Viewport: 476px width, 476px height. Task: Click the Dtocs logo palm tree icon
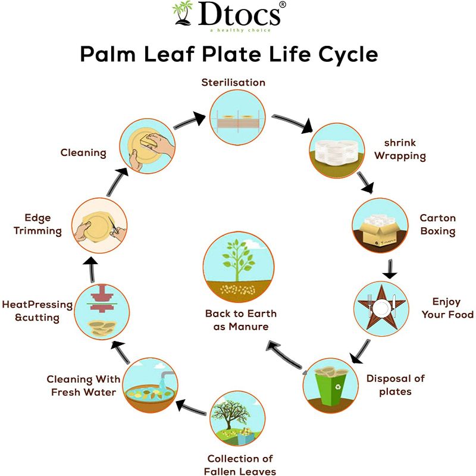click(183, 14)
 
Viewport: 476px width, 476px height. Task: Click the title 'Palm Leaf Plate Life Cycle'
click(229, 55)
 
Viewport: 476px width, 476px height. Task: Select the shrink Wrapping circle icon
click(336, 151)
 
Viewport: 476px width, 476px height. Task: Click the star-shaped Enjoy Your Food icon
click(381, 308)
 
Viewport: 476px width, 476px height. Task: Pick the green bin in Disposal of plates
click(330, 384)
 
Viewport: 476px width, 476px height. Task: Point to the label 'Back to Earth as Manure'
click(240, 320)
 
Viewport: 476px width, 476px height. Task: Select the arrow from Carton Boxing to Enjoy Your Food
click(390, 271)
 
